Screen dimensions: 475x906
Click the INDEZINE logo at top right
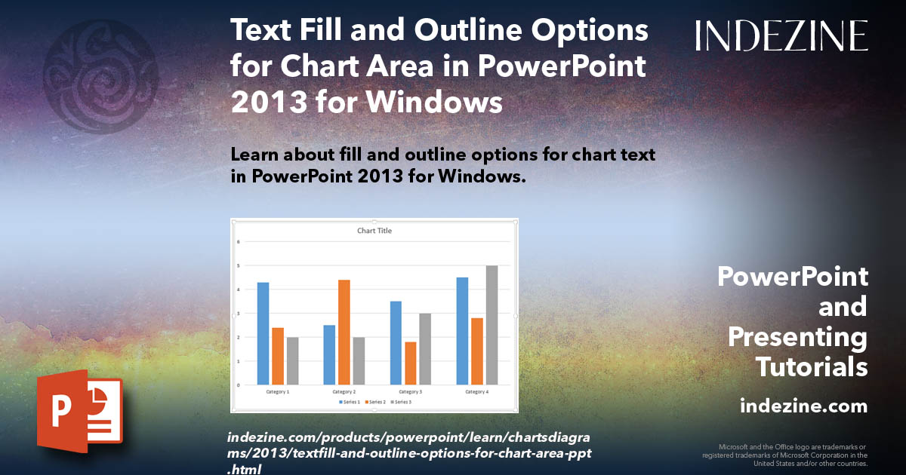(x=781, y=35)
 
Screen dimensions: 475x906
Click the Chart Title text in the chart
(x=374, y=231)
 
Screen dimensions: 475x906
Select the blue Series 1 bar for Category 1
(x=263, y=333)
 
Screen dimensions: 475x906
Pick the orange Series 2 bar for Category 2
(x=344, y=332)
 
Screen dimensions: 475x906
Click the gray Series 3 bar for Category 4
(x=492, y=325)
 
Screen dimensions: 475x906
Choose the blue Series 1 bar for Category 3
(x=396, y=343)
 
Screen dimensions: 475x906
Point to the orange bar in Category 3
(x=411, y=363)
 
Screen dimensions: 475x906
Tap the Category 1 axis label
(x=277, y=392)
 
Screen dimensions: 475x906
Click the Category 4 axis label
(x=476, y=392)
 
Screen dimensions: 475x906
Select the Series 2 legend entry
(x=375, y=403)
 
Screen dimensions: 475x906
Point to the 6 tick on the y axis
(x=239, y=242)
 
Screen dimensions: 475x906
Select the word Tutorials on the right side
(x=812, y=367)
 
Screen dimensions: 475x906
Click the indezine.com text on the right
(x=803, y=406)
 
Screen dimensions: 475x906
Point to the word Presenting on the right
(x=797, y=337)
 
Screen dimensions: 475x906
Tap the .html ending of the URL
(x=244, y=469)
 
